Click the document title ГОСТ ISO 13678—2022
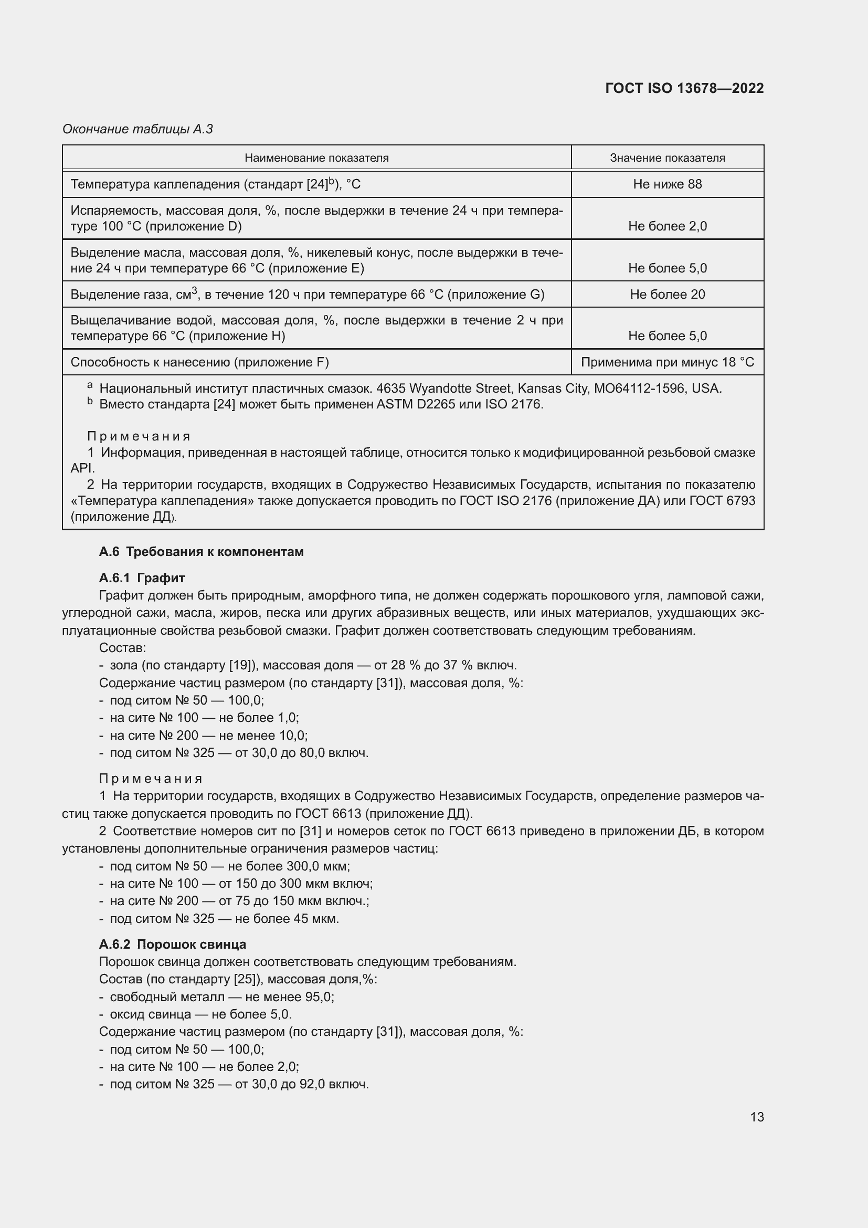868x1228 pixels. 684,88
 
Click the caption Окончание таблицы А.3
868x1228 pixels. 137,129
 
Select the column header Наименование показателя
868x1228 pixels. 316,158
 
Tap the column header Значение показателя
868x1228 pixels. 667,158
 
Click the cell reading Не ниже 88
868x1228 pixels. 667,184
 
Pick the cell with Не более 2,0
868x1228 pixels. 667,226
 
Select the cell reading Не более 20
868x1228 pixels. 667,294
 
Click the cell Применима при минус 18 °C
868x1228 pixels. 667,362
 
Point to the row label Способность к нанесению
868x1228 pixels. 199,362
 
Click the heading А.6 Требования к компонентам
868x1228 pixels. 201,551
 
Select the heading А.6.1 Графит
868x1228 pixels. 142,578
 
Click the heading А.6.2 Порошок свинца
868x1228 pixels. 172,944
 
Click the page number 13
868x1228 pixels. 756,1117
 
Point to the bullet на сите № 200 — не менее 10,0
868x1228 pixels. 208,736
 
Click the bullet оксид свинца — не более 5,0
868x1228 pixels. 200,1014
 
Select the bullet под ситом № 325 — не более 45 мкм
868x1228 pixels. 225,918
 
